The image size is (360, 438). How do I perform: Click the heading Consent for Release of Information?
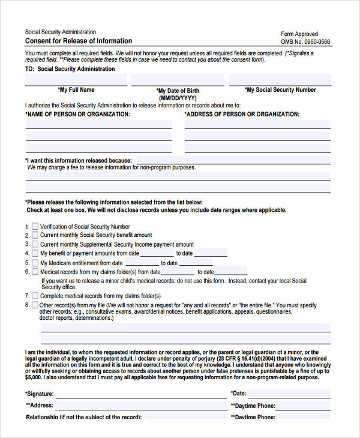[x=79, y=41]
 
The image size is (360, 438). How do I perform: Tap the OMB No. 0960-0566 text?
[x=305, y=42]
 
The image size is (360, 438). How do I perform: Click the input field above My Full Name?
[x=76, y=80]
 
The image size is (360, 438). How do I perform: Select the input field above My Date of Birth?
[x=178, y=80]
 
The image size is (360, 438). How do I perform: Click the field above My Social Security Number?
[x=280, y=80]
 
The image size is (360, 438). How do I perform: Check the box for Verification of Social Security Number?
[x=35, y=227]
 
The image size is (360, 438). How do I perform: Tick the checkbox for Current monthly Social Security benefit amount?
[x=35, y=235]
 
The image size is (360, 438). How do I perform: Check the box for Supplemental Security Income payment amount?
[x=35, y=244]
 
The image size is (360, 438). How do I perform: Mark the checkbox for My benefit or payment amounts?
[x=35, y=253]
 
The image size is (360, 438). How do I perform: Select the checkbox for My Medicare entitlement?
[x=35, y=262]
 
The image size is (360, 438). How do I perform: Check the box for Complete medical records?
[x=35, y=296]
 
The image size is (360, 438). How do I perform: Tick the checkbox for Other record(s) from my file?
[x=35, y=305]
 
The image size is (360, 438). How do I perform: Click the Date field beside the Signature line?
[x=289, y=394]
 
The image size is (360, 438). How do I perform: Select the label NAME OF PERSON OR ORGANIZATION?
[x=77, y=114]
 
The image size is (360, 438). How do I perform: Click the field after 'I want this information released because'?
[x=233, y=160]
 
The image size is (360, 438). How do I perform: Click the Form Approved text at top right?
[x=299, y=34]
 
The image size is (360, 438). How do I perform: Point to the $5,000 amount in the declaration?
[x=34, y=377]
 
